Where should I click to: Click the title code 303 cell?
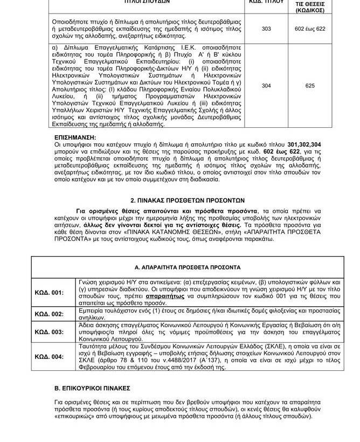click(266, 29)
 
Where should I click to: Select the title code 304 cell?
click(266, 86)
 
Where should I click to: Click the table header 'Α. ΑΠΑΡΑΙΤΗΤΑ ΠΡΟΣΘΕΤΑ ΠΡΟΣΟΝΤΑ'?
click(180, 267)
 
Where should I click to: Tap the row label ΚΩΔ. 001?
click(49, 292)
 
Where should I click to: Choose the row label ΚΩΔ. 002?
click(49, 313)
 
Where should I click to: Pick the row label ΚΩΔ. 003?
click(49, 331)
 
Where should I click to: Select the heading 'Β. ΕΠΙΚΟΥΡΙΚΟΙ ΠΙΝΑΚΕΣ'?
click(93, 387)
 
